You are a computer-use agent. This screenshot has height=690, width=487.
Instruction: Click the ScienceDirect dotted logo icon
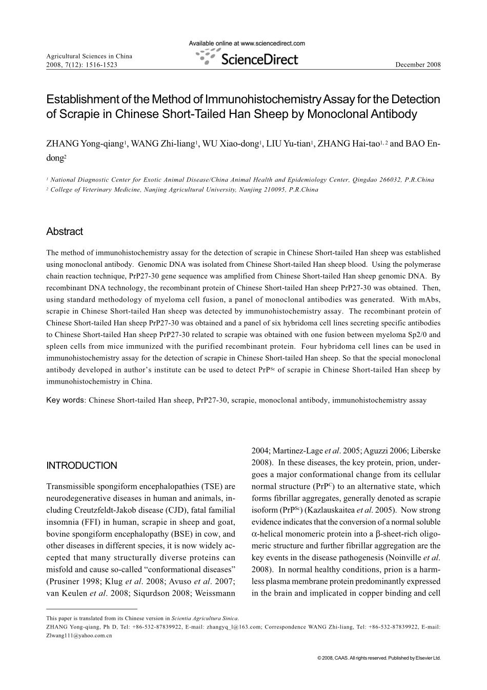tap(207, 58)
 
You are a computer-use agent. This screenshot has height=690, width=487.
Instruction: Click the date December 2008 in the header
tap(418, 65)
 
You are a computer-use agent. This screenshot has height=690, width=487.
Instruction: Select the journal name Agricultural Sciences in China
tap(89, 56)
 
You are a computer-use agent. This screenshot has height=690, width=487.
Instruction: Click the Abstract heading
tap(64, 231)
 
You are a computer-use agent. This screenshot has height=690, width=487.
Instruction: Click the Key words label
tap(65, 400)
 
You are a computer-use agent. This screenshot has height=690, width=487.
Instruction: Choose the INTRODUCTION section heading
tap(82, 466)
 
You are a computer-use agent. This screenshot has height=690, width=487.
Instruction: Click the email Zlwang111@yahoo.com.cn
tap(79, 635)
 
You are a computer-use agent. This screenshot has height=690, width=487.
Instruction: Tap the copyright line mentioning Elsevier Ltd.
tap(379, 658)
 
